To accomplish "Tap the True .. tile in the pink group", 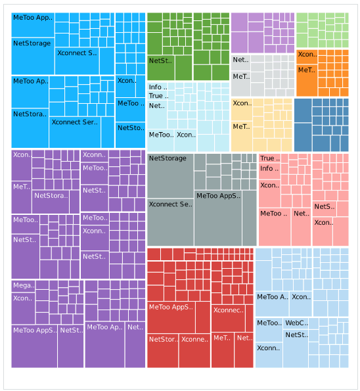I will pos(268,158).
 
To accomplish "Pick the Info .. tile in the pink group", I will pos(269,169).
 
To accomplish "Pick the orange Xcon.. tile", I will pos(307,55).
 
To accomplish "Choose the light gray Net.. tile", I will pos(240,60).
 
